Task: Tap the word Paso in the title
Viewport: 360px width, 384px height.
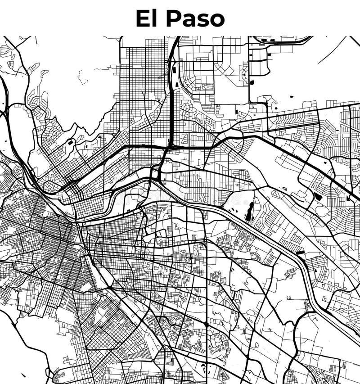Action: pyautogui.click(x=195, y=18)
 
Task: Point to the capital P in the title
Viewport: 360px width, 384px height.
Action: pyautogui.click(x=173, y=18)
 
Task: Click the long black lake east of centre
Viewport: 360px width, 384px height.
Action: pyautogui.click(x=249, y=211)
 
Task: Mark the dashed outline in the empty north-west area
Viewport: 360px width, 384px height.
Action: pyautogui.click(x=82, y=78)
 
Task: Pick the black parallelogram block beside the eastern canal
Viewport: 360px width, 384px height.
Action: pyautogui.click(x=300, y=253)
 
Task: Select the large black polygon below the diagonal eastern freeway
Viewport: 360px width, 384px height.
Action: pyautogui.click(x=318, y=197)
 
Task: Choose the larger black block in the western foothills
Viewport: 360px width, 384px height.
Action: pyautogui.click(x=71, y=143)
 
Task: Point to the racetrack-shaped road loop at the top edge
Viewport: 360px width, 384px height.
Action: pyautogui.click(x=281, y=41)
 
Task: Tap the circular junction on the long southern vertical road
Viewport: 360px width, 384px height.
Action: pyautogui.click(x=206, y=324)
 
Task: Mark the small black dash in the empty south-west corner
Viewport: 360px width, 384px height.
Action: pyautogui.click(x=23, y=375)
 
